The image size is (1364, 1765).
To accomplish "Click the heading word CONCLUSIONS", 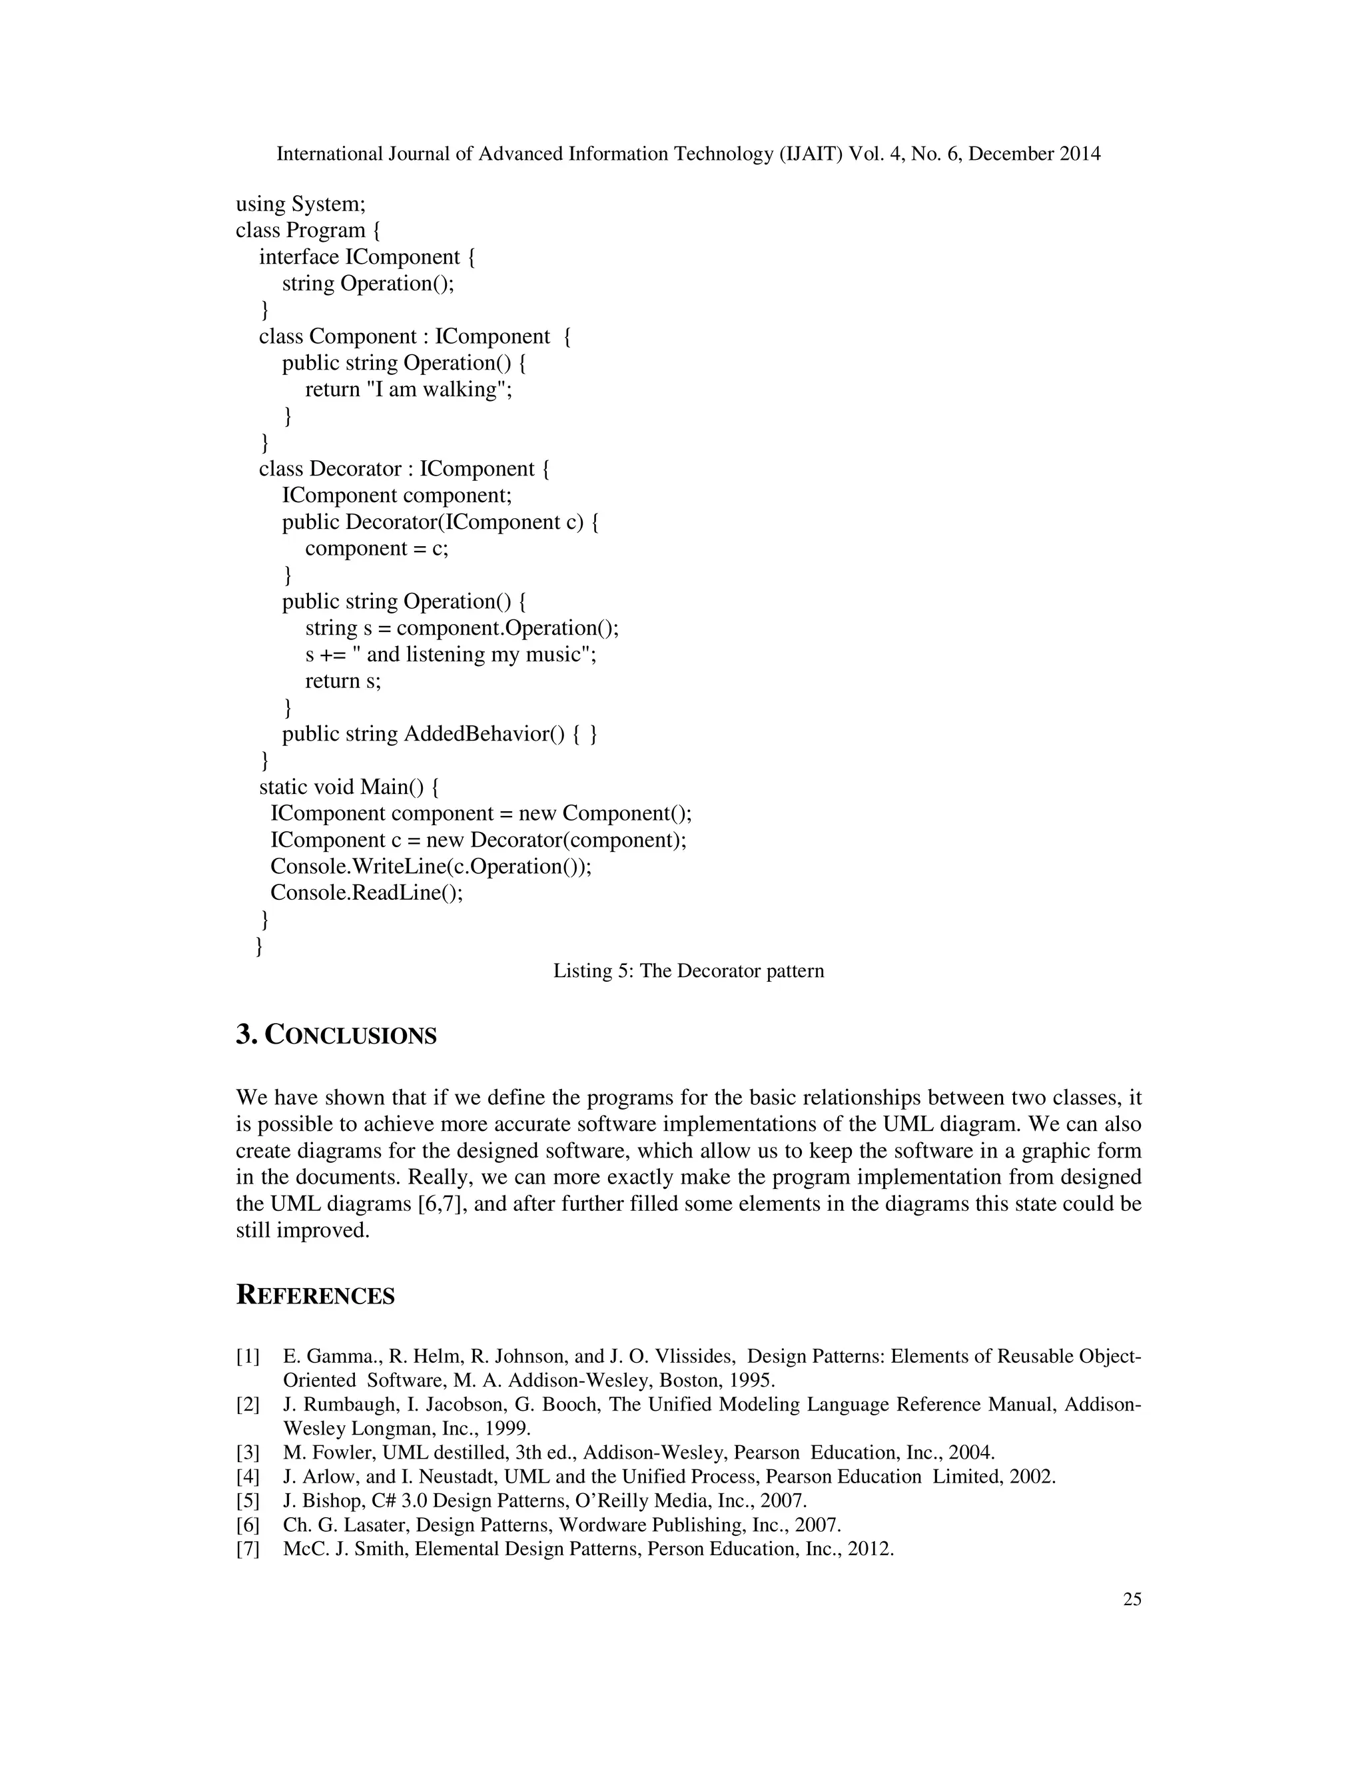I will pyautogui.click(x=351, y=1036).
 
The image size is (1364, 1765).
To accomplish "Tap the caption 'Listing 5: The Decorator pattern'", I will pyautogui.click(x=689, y=970).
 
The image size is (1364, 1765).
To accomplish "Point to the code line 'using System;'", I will pyautogui.click(x=300, y=204).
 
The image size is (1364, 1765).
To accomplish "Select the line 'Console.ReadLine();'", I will pyautogui.click(x=367, y=893).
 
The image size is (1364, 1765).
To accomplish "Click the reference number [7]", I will pyautogui.click(x=247, y=1549).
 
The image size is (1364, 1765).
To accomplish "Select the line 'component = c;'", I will pyautogui.click(x=376, y=549).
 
